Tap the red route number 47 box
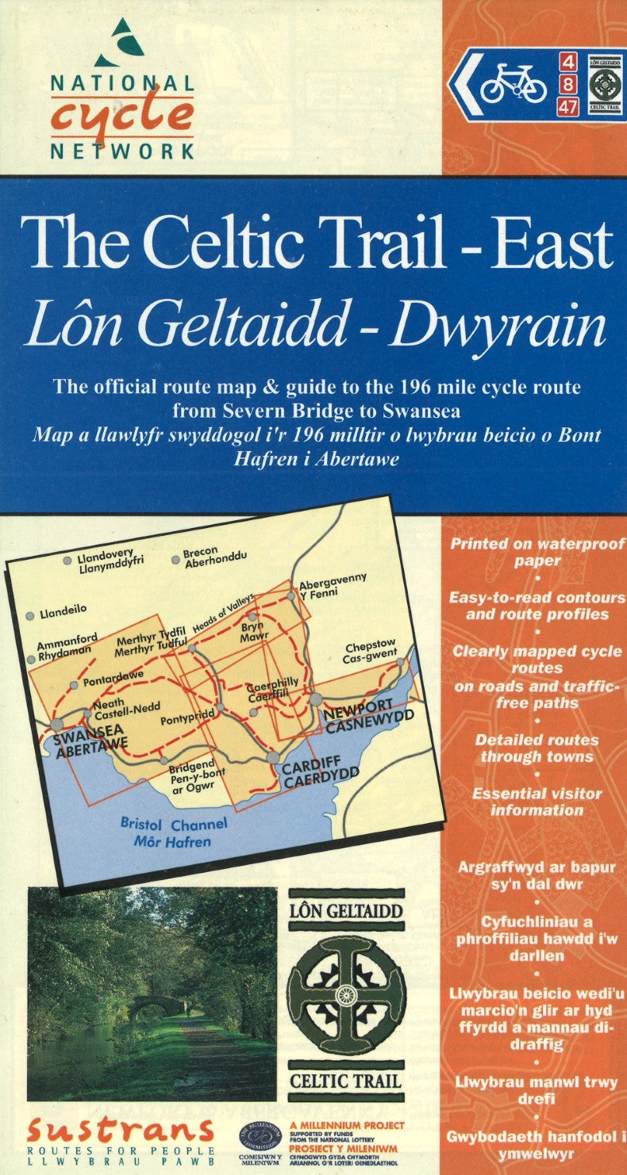pos(567,106)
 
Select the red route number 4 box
pos(567,61)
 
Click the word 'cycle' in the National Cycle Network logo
pos(122,116)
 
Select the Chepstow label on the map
pos(369,646)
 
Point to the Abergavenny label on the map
pos(332,579)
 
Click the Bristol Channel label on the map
pos(173,824)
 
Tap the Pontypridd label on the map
pos(187,720)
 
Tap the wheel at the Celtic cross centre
pos(346,994)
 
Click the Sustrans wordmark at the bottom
pos(120,1131)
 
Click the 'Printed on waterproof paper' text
pos(537,552)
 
